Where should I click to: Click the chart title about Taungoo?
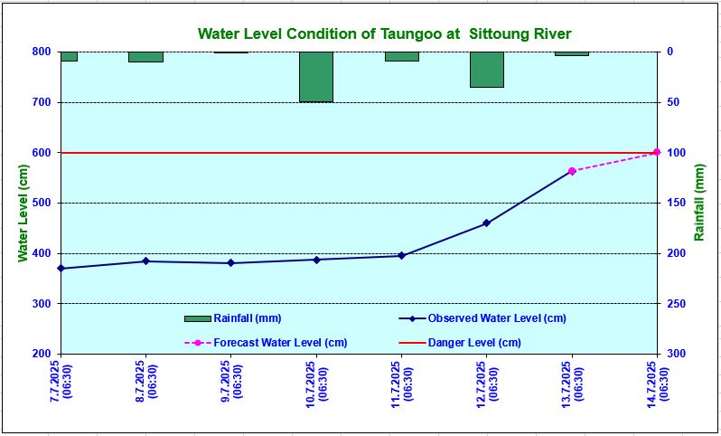click(x=384, y=34)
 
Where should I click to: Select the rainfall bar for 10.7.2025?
click(x=316, y=77)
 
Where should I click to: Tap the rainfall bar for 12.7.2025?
click(x=486, y=70)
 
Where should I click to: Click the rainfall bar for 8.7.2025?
click(x=145, y=57)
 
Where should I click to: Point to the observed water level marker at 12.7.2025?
click(x=486, y=223)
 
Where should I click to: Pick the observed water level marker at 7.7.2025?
click(x=61, y=269)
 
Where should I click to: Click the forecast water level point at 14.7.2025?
click(x=657, y=152)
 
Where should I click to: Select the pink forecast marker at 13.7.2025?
click(x=572, y=171)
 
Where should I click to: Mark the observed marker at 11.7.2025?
click(x=401, y=256)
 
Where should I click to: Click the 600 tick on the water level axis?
click(x=41, y=153)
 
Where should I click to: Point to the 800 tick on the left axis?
click(x=41, y=52)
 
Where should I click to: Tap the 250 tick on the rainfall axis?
click(x=677, y=304)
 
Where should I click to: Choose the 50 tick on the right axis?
click(x=674, y=102)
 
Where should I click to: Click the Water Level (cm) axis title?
click(x=23, y=203)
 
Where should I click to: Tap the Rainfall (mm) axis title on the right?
click(x=698, y=203)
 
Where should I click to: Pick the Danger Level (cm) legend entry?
click(x=473, y=343)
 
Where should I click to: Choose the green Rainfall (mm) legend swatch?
click(x=197, y=318)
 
